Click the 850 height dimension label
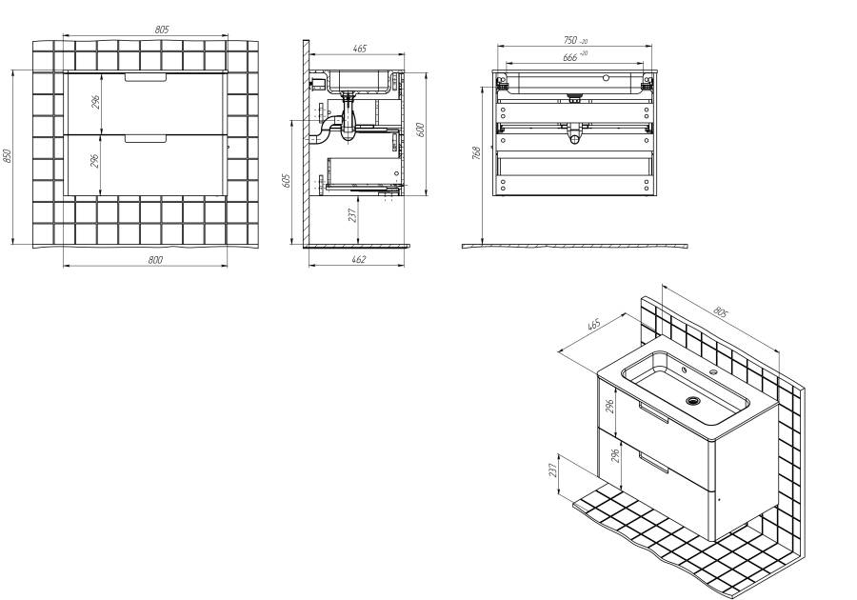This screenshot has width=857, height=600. pos(7,156)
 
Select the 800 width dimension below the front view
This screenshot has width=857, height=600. pos(155,260)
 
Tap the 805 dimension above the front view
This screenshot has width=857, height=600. pos(162,30)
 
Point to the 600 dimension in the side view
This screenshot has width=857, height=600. pos(420,130)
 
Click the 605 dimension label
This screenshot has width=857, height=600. pos(287,181)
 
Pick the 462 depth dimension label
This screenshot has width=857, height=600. pos(358,260)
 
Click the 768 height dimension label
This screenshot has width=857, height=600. pos(476,152)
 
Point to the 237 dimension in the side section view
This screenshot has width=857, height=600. pos(352,214)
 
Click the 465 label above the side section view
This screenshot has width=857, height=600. pos(359,49)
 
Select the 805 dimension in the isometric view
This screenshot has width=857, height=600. pos(721,312)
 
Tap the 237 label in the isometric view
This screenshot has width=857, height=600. pos(552,470)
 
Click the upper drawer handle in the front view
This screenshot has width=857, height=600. pos(146,77)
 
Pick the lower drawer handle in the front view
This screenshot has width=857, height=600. pos(146,139)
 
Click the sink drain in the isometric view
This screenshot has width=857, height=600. pos(693,401)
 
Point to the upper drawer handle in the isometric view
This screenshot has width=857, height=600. pos(653,411)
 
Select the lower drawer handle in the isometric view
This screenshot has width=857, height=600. pos(653,462)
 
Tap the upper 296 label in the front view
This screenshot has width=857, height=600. pos(95,102)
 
